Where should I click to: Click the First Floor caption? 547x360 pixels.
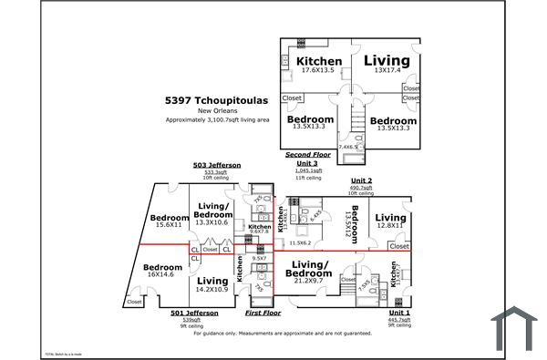point(263,313)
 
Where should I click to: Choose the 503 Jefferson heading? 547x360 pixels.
point(217,165)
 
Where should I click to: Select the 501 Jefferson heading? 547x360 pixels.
point(194,313)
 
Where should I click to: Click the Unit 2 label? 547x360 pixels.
point(362,180)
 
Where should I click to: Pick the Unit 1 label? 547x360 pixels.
point(398,313)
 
